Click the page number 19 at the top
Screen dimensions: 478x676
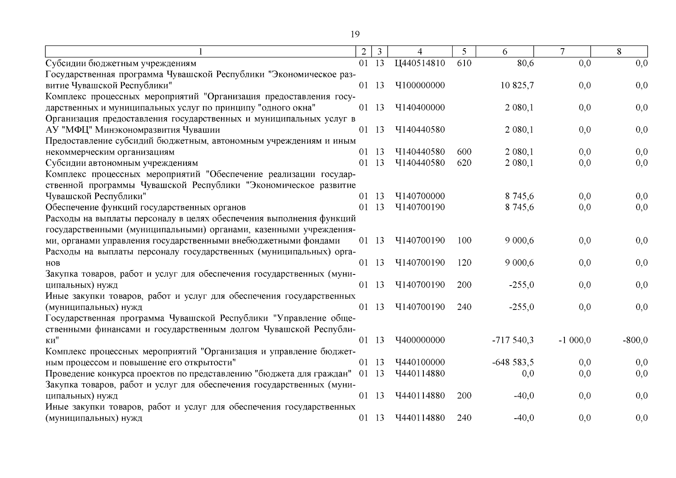tap(355, 34)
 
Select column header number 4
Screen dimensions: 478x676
tap(420, 51)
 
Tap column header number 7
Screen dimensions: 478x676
tap(562, 51)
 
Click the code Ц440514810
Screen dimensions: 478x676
tap(420, 63)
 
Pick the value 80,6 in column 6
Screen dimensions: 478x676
tap(525, 63)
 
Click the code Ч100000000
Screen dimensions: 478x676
tap(420, 86)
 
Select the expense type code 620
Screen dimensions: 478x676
tap(464, 163)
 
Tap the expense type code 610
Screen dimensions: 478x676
tap(464, 63)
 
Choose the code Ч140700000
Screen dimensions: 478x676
tap(420, 196)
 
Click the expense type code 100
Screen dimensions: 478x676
tap(464, 241)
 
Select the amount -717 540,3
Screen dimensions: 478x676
tap(513, 340)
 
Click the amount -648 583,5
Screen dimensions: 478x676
tap(513, 362)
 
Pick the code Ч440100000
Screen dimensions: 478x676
tap(420, 362)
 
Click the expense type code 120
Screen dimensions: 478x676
tap(464, 263)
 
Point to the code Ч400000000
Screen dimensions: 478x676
tap(420, 340)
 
